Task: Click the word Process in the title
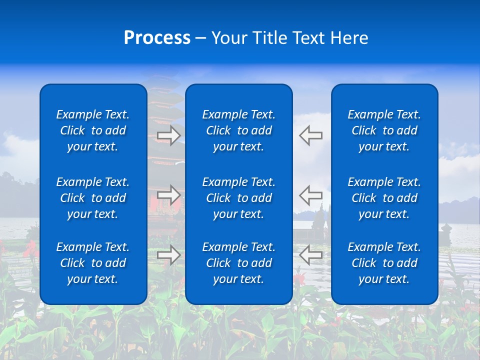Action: point(157,38)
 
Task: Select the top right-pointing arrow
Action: point(169,135)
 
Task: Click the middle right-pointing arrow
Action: point(169,194)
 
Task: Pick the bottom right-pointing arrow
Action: point(169,254)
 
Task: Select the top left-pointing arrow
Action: point(311,135)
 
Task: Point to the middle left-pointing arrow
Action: point(311,194)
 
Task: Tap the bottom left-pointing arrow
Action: point(311,254)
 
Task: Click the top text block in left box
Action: point(93,130)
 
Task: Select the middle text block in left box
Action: point(93,198)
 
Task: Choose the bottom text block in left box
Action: point(93,263)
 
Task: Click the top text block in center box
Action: point(239,130)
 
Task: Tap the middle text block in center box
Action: point(239,198)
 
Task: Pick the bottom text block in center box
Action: point(239,263)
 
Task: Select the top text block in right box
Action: point(384,130)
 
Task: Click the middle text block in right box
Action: point(384,198)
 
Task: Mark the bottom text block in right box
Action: point(384,263)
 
